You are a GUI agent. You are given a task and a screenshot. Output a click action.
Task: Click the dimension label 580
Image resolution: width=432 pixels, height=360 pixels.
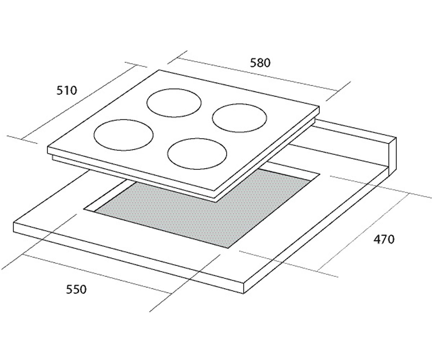tap(260, 63)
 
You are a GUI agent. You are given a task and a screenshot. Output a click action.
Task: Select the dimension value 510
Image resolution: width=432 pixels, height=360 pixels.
tap(67, 91)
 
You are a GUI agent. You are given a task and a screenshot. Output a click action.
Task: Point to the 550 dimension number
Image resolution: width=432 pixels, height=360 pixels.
tap(76, 289)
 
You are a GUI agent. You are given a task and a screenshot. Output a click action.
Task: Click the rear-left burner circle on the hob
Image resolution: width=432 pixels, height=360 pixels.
tap(174, 89)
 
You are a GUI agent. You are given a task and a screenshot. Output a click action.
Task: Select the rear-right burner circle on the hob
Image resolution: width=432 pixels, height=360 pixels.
tap(239, 104)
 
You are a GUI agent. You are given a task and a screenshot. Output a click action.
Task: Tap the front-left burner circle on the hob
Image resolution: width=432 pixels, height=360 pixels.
tap(123, 120)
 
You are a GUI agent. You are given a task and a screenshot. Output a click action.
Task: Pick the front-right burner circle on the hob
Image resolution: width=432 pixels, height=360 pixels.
tap(197, 139)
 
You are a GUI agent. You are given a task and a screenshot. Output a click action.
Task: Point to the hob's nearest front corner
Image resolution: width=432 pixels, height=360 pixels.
tap(215, 190)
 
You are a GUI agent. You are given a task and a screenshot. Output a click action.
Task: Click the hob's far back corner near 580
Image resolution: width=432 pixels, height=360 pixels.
tap(159, 70)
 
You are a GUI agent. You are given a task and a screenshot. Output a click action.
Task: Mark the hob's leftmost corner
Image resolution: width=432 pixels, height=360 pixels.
tap(48, 147)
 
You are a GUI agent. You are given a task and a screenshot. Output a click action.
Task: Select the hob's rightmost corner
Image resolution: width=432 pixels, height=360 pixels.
tap(319, 107)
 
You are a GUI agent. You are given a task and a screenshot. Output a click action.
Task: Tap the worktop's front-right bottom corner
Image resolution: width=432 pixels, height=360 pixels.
tap(244, 293)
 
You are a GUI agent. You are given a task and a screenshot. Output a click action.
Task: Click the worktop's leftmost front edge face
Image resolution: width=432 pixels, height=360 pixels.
tap(128, 258)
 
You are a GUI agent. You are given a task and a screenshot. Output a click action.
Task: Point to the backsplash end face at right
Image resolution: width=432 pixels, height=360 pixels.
tap(393, 156)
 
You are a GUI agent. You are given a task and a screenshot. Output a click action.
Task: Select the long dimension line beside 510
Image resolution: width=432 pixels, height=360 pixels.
tap(78, 102)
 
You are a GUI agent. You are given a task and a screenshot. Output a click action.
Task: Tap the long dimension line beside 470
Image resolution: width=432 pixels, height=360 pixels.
tap(363, 232)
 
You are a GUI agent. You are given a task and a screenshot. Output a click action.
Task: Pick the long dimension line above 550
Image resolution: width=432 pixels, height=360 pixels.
tap(96, 274)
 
